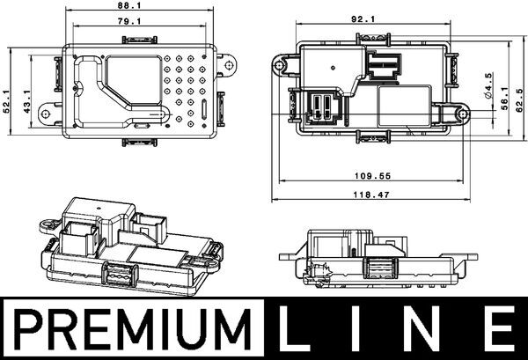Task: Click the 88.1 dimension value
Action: coord(129,5)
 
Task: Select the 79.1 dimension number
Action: coord(129,21)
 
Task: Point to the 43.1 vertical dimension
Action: coord(27,101)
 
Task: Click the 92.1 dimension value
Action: coord(363,19)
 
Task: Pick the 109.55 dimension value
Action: coord(373,176)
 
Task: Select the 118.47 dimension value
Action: coord(371,195)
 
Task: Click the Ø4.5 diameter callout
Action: coord(488,85)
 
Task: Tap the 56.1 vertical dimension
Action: coord(504,99)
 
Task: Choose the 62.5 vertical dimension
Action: coord(520,100)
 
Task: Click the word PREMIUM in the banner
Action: coord(134,328)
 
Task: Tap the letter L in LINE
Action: coord(291,328)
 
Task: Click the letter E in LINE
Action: coord(501,328)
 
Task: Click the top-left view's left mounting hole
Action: coord(46,114)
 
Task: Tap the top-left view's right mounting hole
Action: coord(229,64)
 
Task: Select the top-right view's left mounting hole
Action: coord(279,64)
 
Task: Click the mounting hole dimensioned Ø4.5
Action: coord(463,114)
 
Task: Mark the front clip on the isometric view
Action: coord(120,273)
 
